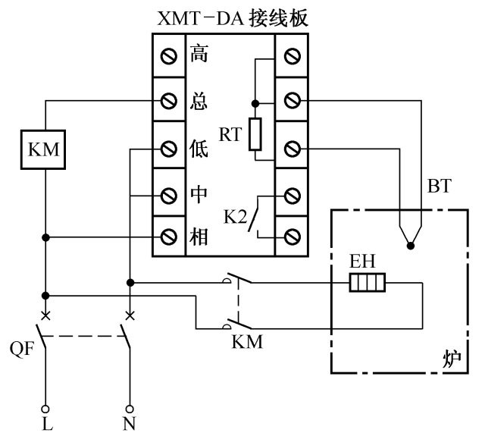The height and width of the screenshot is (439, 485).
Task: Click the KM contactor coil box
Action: click(x=45, y=150)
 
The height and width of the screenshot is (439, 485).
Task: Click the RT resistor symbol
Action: click(x=255, y=133)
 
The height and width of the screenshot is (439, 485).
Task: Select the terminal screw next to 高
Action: click(x=170, y=55)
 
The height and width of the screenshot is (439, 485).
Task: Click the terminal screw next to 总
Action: click(x=170, y=100)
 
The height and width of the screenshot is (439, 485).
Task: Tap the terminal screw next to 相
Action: click(x=170, y=238)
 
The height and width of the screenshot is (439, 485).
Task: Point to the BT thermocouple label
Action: click(x=440, y=186)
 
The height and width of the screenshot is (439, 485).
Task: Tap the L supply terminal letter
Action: click(x=47, y=425)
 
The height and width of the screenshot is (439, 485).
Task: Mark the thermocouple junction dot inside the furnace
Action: click(x=410, y=245)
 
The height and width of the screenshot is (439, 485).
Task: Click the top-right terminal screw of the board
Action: click(x=292, y=55)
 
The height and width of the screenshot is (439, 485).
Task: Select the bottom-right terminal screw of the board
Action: click(x=292, y=238)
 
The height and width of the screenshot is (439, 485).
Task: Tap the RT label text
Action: click(x=228, y=135)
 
